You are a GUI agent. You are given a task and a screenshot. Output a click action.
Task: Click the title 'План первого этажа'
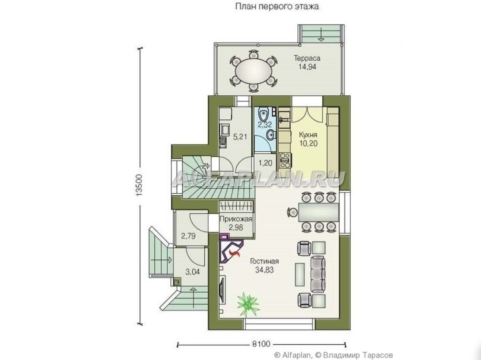[277, 6]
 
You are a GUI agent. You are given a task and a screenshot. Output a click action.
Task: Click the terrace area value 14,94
[307, 67]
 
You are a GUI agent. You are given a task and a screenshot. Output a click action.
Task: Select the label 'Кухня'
[308, 135]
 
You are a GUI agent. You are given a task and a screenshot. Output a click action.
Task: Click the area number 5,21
[240, 137]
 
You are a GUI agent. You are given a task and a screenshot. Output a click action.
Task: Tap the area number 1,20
[265, 163]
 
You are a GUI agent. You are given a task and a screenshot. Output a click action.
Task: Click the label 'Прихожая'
[236, 219]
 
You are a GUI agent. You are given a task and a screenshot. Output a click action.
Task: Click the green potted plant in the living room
[248, 302]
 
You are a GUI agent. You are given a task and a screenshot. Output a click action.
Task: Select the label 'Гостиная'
[265, 261]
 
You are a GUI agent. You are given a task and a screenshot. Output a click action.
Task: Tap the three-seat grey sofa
[318, 274]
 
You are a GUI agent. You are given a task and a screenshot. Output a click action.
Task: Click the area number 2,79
[188, 236]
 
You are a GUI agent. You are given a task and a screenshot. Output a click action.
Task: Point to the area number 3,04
[192, 271]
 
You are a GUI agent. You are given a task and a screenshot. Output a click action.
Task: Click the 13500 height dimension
[139, 185]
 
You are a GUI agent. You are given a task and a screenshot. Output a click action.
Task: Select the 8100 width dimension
[261, 344]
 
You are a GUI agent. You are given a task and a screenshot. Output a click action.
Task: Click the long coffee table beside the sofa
[300, 274]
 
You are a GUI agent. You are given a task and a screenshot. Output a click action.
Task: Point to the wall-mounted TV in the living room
[222, 287]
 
